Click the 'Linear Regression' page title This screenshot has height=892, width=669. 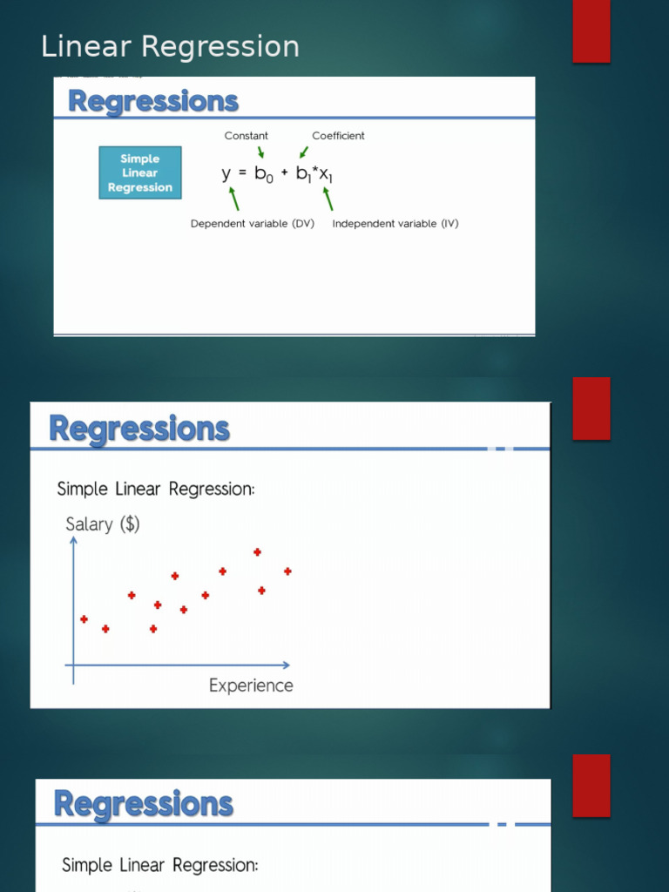(x=170, y=46)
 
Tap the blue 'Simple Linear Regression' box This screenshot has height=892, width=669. (x=140, y=172)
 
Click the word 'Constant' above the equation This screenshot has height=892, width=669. (x=247, y=136)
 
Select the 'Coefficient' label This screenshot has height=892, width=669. (x=338, y=136)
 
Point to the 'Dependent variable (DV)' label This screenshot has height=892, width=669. (x=253, y=224)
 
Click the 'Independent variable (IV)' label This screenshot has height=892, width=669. (x=395, y=224)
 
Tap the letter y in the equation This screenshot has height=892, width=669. (x=226, y=174)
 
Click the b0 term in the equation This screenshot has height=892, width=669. (x=263, y=174)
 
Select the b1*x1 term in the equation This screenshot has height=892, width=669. (x=314, y=174)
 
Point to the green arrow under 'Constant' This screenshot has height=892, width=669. (x=260, y=152)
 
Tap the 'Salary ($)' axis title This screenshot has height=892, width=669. (x=103, y=524)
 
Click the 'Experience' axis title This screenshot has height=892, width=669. (x=251, y=686)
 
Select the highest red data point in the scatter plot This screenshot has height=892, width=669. (x=257, y=551)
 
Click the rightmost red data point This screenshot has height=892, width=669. (x=287, y=571)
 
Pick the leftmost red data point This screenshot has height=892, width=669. (x=84, y=619)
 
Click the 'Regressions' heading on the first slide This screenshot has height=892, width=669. (x=153, y=102)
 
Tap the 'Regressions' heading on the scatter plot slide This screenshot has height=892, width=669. (x=139, y=429)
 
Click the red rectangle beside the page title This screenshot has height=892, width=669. (x=591, y=31)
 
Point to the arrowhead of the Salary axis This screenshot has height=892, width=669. (x=74, y=541)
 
